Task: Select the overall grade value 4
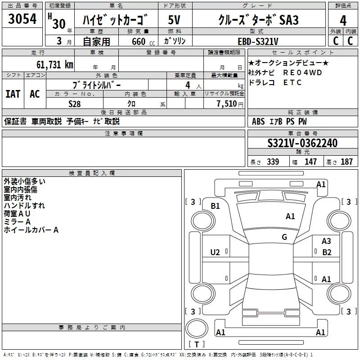(343, 21)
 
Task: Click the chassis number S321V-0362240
(302, 144)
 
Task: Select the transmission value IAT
(13, 94)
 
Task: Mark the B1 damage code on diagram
(216, 206)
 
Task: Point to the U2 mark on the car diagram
(215, 252)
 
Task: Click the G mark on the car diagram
(284, 237)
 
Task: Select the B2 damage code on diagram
(327, 252)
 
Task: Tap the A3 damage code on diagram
(326, 241)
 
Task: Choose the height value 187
(346, 162)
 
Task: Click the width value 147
(310, 162)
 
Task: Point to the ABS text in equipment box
(258, 121)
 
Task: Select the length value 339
(273, 162)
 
